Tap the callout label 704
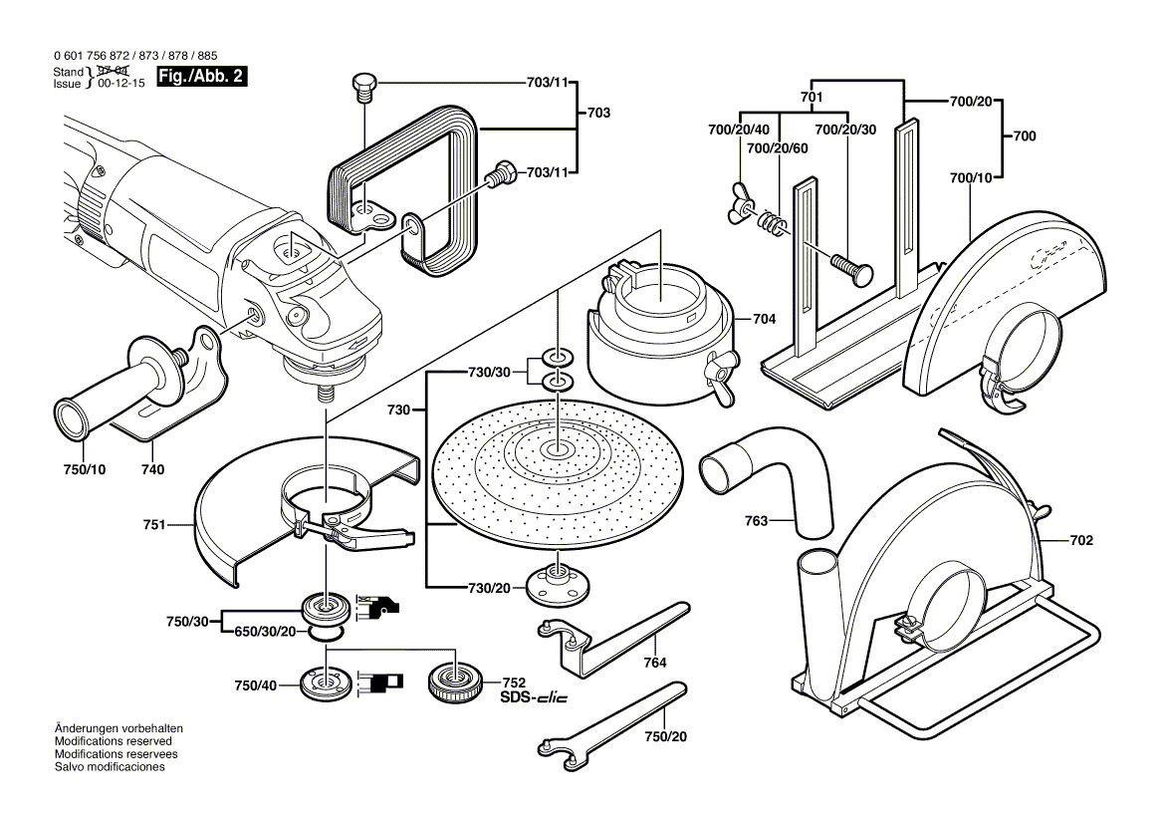coord(765,320)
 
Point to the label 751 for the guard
coord(180,522)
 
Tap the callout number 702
coord(1081,541)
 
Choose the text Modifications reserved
coord(113,742)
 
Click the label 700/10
coord(972,177)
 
